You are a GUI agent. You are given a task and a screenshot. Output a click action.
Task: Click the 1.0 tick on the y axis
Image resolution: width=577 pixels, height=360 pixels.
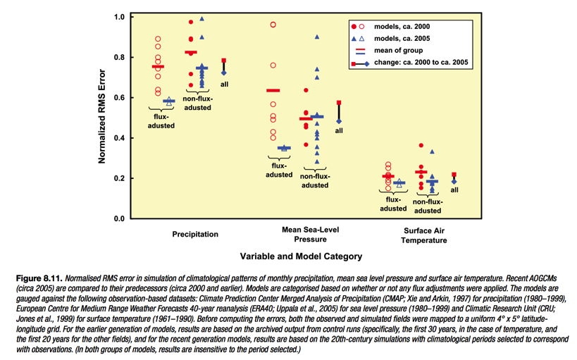coord(120,17)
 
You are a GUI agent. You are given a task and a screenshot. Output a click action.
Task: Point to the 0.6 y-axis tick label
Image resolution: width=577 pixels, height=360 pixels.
coord(120,97)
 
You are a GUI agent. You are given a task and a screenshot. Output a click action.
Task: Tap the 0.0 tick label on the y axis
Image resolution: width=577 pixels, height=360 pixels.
coord(120,218)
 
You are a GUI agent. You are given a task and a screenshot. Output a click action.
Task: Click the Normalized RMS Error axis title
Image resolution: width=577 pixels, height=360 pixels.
coord(102,116)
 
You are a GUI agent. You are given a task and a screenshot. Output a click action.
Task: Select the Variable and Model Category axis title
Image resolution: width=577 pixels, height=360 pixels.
coord(301,256)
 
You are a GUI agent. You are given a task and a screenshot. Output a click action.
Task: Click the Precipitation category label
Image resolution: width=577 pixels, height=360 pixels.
coord(195,234)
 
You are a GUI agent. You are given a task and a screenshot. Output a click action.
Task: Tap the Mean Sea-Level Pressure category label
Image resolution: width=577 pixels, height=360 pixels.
coord(310,234)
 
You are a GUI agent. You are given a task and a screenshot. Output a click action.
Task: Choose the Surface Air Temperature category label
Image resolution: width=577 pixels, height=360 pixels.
coord(424,235)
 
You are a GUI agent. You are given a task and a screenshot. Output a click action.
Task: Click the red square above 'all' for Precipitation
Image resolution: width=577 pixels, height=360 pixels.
coord(224,61)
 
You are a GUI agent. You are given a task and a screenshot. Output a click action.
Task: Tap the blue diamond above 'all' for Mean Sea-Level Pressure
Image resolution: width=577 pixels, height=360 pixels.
coord(339,121)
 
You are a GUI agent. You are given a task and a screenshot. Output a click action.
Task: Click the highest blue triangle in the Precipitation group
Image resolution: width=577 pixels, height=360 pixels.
coord(201,18)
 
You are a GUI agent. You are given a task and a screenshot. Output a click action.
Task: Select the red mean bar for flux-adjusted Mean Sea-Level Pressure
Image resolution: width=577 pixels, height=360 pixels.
coord(273,91)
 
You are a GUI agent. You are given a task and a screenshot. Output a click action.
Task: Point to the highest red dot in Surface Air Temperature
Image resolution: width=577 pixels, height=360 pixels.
coord(421,145)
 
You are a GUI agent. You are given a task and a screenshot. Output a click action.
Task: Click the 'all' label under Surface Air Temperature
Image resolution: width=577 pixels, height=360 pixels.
coord(454,190)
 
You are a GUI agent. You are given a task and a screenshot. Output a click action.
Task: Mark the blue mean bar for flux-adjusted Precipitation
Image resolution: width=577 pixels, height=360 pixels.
coord(169,101)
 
